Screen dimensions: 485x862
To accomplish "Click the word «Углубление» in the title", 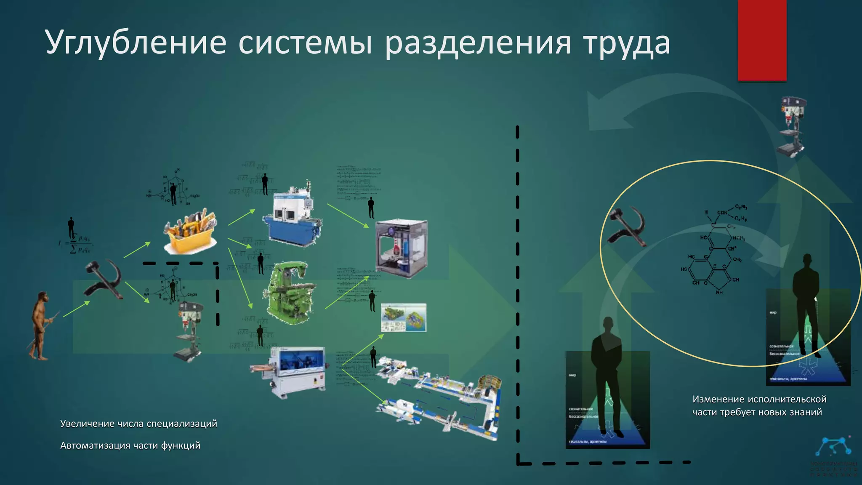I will click(136, 43).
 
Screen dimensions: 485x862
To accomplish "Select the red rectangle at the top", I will click(762, 40).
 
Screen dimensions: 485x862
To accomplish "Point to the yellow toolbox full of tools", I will click(191, 231).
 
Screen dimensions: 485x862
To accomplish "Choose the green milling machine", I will click(289, 293).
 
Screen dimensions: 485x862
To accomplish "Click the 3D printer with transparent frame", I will click(401, 248).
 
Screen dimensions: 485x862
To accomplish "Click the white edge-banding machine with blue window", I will click(290, 370).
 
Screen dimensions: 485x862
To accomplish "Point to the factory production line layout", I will click(440, 398).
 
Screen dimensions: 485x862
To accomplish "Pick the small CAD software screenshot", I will click(403, 318).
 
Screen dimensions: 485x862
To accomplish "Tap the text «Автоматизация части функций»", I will click(130, 445).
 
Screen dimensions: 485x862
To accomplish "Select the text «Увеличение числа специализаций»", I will click(138, 424).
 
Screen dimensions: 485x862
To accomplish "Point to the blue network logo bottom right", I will click(834, 447).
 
